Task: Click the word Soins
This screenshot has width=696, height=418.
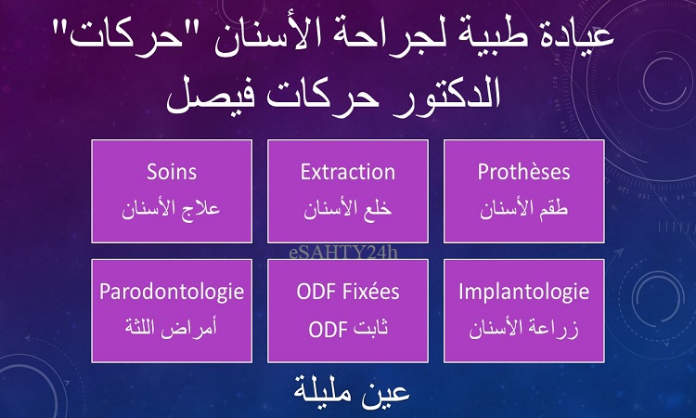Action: click(x=172, y=172)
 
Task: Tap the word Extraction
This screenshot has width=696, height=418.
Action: click(x=348, y=172)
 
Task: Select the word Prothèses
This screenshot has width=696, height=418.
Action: click(x=523, y=172)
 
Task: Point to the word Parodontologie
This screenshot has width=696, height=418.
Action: click(x=172, y=293)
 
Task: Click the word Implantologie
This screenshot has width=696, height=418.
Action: click(x=523, y=293)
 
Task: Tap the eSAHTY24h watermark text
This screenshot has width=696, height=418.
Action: click(x=343, y=253)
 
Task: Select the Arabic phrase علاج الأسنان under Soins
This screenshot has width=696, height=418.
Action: click(x=172, y=208)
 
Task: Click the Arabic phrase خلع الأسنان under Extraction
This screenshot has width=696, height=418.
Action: click(x=348, y=208)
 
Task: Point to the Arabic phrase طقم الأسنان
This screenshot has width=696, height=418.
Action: click(x=523, y=208)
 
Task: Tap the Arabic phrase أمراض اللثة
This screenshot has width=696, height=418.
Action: click(x=171, y=328)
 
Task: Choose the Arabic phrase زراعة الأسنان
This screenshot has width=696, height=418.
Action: click(x=523, y=329)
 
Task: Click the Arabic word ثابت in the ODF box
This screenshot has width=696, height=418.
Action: click(x=370, y=327)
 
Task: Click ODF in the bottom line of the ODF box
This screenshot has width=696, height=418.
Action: click(x=328, y=330)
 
